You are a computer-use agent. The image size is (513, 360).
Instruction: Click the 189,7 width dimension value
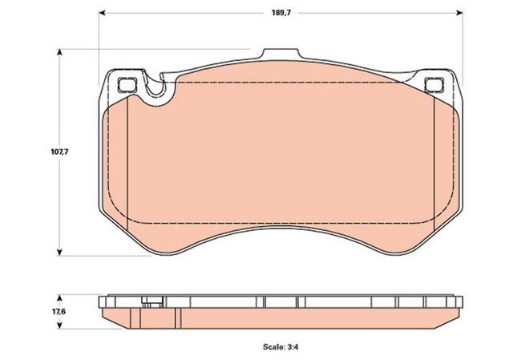coord(281,13)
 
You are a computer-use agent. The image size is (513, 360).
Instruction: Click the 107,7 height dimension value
coord(59,152)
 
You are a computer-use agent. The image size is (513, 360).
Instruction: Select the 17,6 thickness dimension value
coord(59,311)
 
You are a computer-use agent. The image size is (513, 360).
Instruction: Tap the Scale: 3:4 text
coord(281,346)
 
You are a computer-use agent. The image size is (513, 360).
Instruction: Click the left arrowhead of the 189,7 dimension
coord(102,13)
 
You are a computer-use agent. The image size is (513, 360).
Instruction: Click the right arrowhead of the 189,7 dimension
coord(459,13)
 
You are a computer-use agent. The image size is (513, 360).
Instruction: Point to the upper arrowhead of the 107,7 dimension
coord(59,52)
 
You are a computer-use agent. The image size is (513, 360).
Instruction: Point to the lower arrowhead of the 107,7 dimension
coord(59,253)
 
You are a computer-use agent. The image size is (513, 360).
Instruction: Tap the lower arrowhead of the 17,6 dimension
coord(59,326)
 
